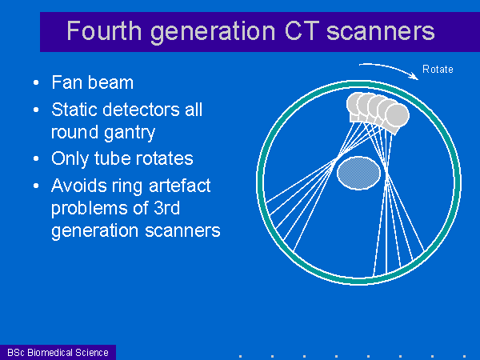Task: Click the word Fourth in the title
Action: (x=104, y=30)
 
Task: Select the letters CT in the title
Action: (x=302, y=30)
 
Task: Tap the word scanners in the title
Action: (x=381, y=31)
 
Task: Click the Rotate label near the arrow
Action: (x=438, y=69)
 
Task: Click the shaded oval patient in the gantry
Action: (x=358, y=173)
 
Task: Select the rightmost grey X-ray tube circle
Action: (x=397, y=116)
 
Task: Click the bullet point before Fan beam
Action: (x=36, y=82)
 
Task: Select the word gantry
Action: (x=129, y=133)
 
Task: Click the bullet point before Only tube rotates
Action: (x=36, y=158)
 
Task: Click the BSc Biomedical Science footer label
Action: (x=58, y=352)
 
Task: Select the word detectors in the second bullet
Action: (x=142, y=110)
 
